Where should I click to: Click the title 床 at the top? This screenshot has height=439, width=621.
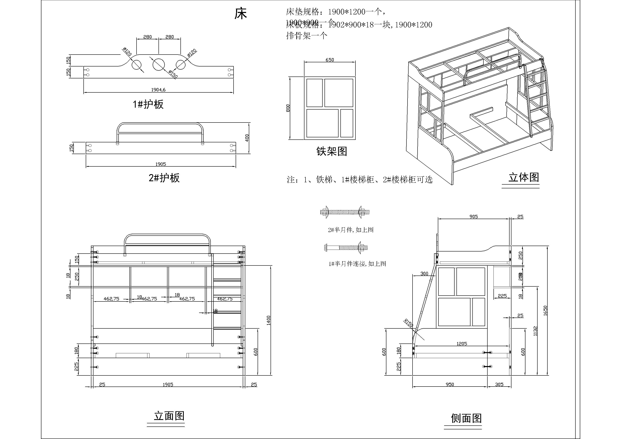tap(240, 14)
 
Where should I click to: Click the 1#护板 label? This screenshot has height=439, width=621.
tap(148, 104)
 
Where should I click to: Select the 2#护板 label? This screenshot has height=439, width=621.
tap(164, 178)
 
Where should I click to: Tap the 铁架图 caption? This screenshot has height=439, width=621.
tap(332, 151)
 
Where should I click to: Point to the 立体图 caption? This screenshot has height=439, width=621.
tap(524, 177)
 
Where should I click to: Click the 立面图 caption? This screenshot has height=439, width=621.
tap(169, 416)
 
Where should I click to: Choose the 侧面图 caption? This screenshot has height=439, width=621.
tap(466, 418)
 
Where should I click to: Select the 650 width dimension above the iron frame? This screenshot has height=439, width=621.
tap(330, 60)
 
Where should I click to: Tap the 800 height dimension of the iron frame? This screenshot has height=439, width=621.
tap(288, 108)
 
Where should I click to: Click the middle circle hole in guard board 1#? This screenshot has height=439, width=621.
tap(158, 64)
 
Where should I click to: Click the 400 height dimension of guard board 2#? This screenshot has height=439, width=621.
tap(247, 138)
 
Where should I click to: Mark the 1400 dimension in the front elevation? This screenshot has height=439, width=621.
tap(268, 320)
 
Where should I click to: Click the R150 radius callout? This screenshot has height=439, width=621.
tap(408, 323)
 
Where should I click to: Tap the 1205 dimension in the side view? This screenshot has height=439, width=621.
tap(462, 343)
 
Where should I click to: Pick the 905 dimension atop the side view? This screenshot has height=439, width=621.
tap(473, 217)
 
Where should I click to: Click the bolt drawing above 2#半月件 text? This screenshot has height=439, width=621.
tap(345, 212)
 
